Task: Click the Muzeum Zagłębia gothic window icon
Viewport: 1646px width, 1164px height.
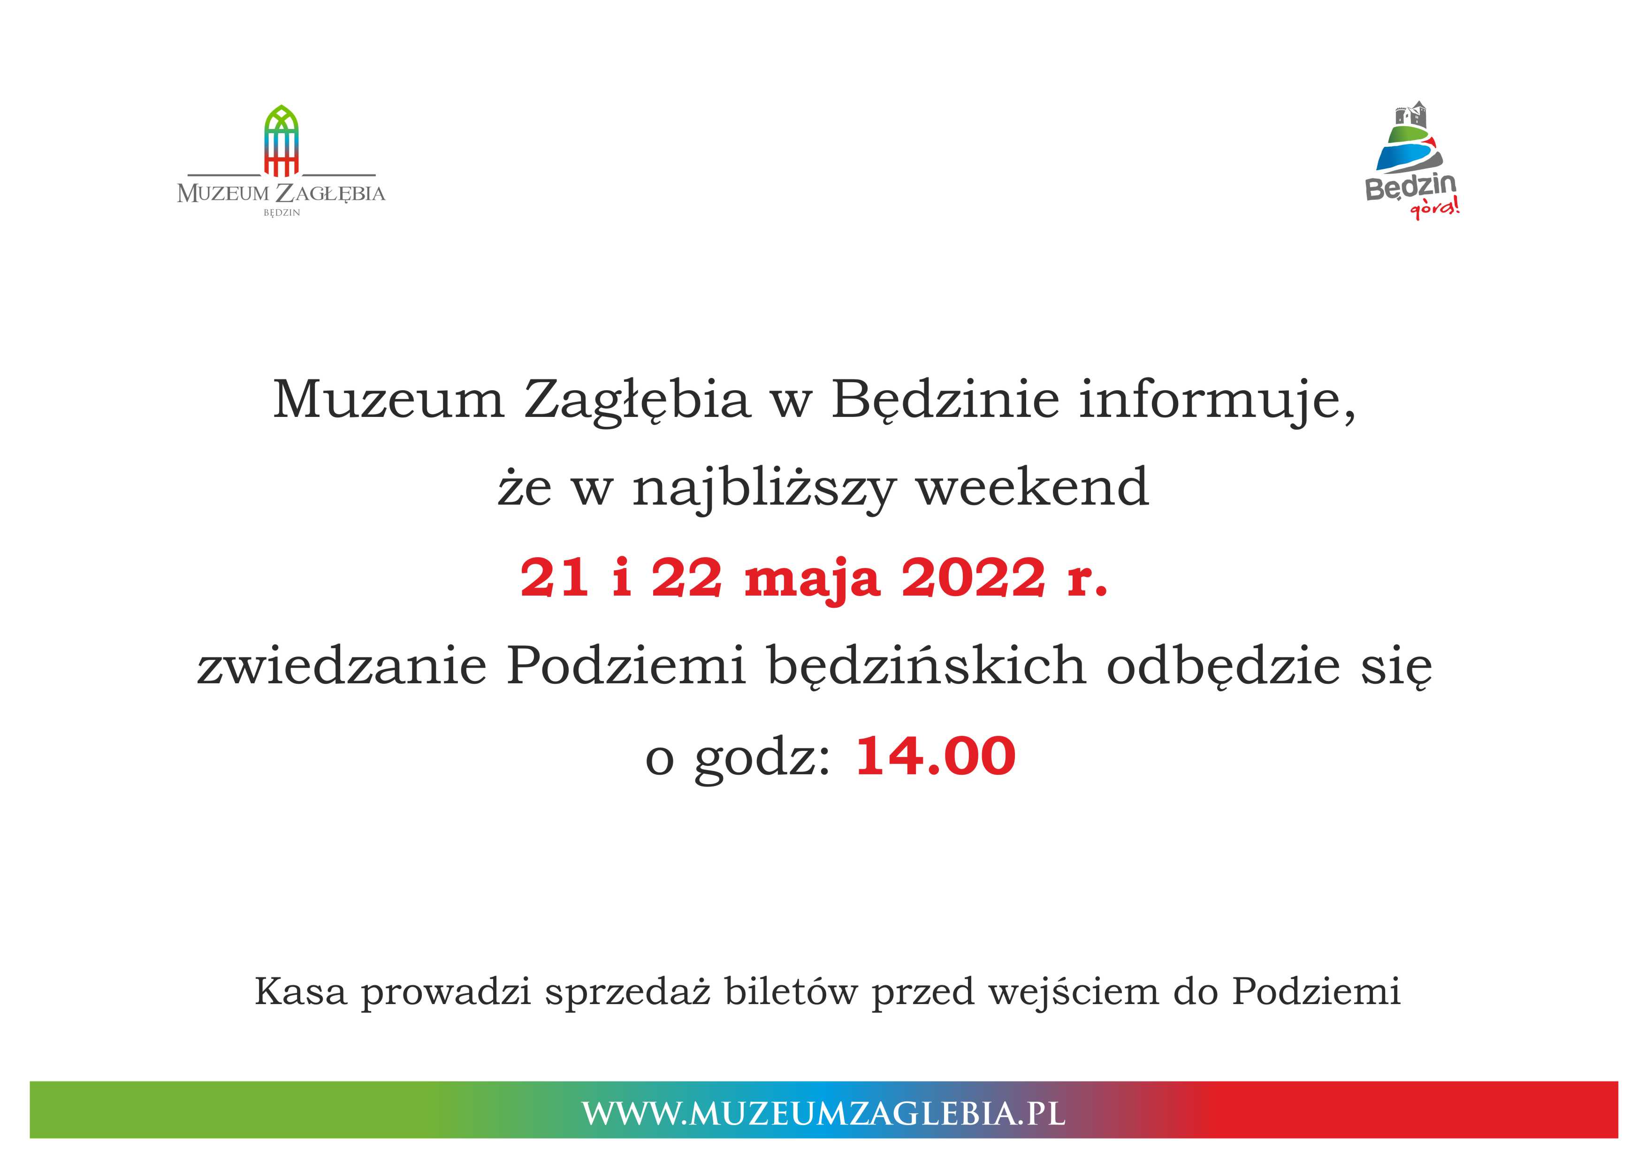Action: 281,141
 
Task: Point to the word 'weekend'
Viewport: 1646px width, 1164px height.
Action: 1033,487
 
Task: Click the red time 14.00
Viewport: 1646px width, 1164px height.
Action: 936,756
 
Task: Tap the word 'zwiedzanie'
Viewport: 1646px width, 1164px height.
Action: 343,666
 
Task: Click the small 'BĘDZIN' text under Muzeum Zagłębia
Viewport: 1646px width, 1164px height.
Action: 282,213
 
